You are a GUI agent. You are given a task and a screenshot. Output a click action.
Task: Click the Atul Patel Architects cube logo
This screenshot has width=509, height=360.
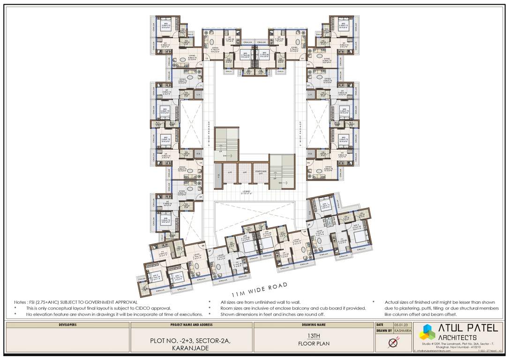click(x=427, y=332)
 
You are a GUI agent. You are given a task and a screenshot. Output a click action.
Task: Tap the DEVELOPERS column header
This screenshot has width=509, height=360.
click(x=67, y=324)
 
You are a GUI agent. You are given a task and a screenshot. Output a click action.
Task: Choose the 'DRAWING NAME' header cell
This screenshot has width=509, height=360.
click(x=314, y=324)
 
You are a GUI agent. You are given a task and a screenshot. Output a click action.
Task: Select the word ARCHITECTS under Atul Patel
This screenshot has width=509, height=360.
click(x=458, y=337)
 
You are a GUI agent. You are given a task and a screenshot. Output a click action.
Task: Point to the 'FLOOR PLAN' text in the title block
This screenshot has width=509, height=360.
click(x=314, y=344)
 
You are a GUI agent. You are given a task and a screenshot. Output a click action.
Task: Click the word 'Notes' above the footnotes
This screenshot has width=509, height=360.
click(x=20, y=302)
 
